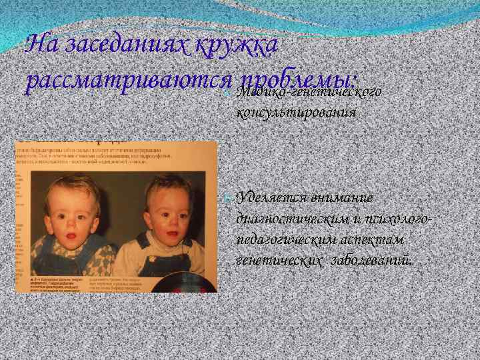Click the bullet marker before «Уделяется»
pyautogui.click(x=228, y=198)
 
